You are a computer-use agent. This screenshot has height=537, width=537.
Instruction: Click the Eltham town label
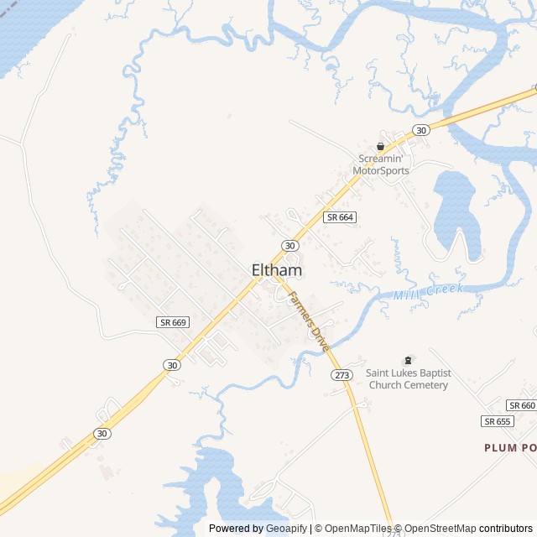click(x=277, y=270)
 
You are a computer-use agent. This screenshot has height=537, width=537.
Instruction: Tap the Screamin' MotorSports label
click(x=381, y=164)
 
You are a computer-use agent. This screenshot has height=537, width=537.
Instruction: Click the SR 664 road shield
click(x=341, y=216)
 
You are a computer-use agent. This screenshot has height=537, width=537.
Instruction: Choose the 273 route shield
click(x=340, y=375)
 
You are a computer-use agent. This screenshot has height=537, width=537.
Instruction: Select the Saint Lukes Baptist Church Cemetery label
click(x=408, y=378)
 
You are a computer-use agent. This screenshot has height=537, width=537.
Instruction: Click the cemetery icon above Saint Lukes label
click(x=409, y=360)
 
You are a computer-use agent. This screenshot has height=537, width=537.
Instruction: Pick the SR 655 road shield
click(x=498, y=421)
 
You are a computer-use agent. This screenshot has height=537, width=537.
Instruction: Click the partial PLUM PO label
click(x=509, y=447)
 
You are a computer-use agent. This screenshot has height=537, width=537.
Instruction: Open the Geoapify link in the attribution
click(x=286, y=529)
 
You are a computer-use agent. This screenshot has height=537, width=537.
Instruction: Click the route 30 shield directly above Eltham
click(x=289, y=245)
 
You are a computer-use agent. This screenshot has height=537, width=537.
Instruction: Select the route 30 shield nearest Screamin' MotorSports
click(x=421, y=130)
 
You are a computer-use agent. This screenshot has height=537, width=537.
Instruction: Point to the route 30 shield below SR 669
click(x=172, y=365)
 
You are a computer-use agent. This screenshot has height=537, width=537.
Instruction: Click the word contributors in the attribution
click(x=506, y=529)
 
